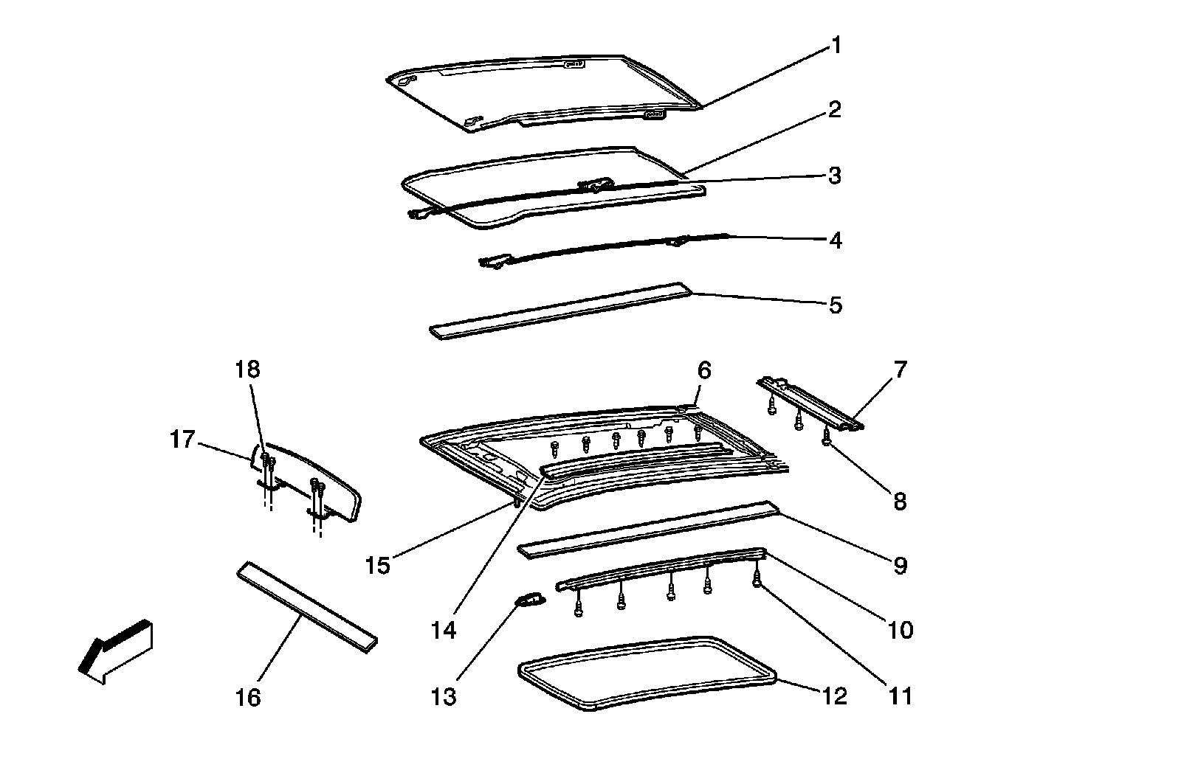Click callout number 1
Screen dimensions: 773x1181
tap(836, 46)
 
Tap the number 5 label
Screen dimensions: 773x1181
tap(836, 305)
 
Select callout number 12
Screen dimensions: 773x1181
tap(835, 696)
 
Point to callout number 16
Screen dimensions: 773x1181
tap(249, 697)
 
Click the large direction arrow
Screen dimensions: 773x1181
tap(114, 650)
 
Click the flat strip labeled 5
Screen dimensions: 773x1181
tap(561, 311)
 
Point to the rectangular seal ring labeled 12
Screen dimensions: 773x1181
tap(647, 673)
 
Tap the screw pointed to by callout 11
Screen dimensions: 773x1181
tap(757, 580)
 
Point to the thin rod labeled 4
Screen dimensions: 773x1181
tap(605, 249)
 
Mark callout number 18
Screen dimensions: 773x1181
tap(248, 369)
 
